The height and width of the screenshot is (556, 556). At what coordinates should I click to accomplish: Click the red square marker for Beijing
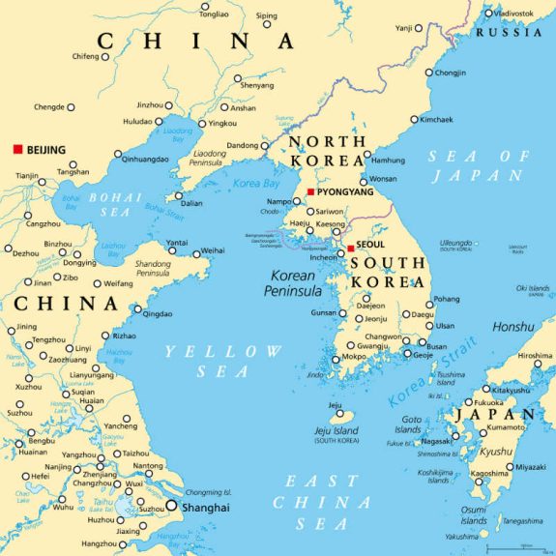pos(16,150)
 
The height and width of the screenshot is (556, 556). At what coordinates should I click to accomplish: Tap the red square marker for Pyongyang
pos(310,191)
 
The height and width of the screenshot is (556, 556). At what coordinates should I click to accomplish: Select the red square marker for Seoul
pos(350,249)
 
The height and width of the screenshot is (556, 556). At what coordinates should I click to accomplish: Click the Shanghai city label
pos(208,507)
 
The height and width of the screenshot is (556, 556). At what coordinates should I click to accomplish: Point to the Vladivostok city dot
pos(485,14)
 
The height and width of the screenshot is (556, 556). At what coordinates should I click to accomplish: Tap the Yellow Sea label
pos(222,361)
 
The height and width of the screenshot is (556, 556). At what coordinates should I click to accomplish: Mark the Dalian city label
pos(191,204)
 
